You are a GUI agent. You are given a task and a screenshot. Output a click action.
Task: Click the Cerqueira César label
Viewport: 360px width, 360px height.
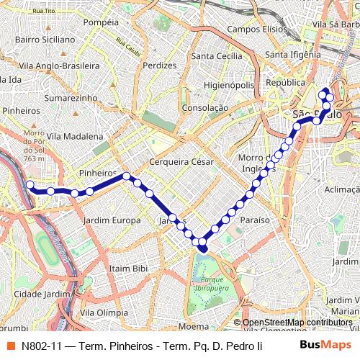click(181, 162)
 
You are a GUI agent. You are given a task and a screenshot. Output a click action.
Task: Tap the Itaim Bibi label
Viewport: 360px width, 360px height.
click(128, 268)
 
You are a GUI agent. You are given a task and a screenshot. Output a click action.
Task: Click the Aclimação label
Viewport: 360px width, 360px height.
click(342, 189)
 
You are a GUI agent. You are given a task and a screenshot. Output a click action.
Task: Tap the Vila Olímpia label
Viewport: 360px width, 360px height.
click(104, 312)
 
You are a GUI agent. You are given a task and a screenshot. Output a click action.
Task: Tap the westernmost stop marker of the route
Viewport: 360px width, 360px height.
click(30, 185)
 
